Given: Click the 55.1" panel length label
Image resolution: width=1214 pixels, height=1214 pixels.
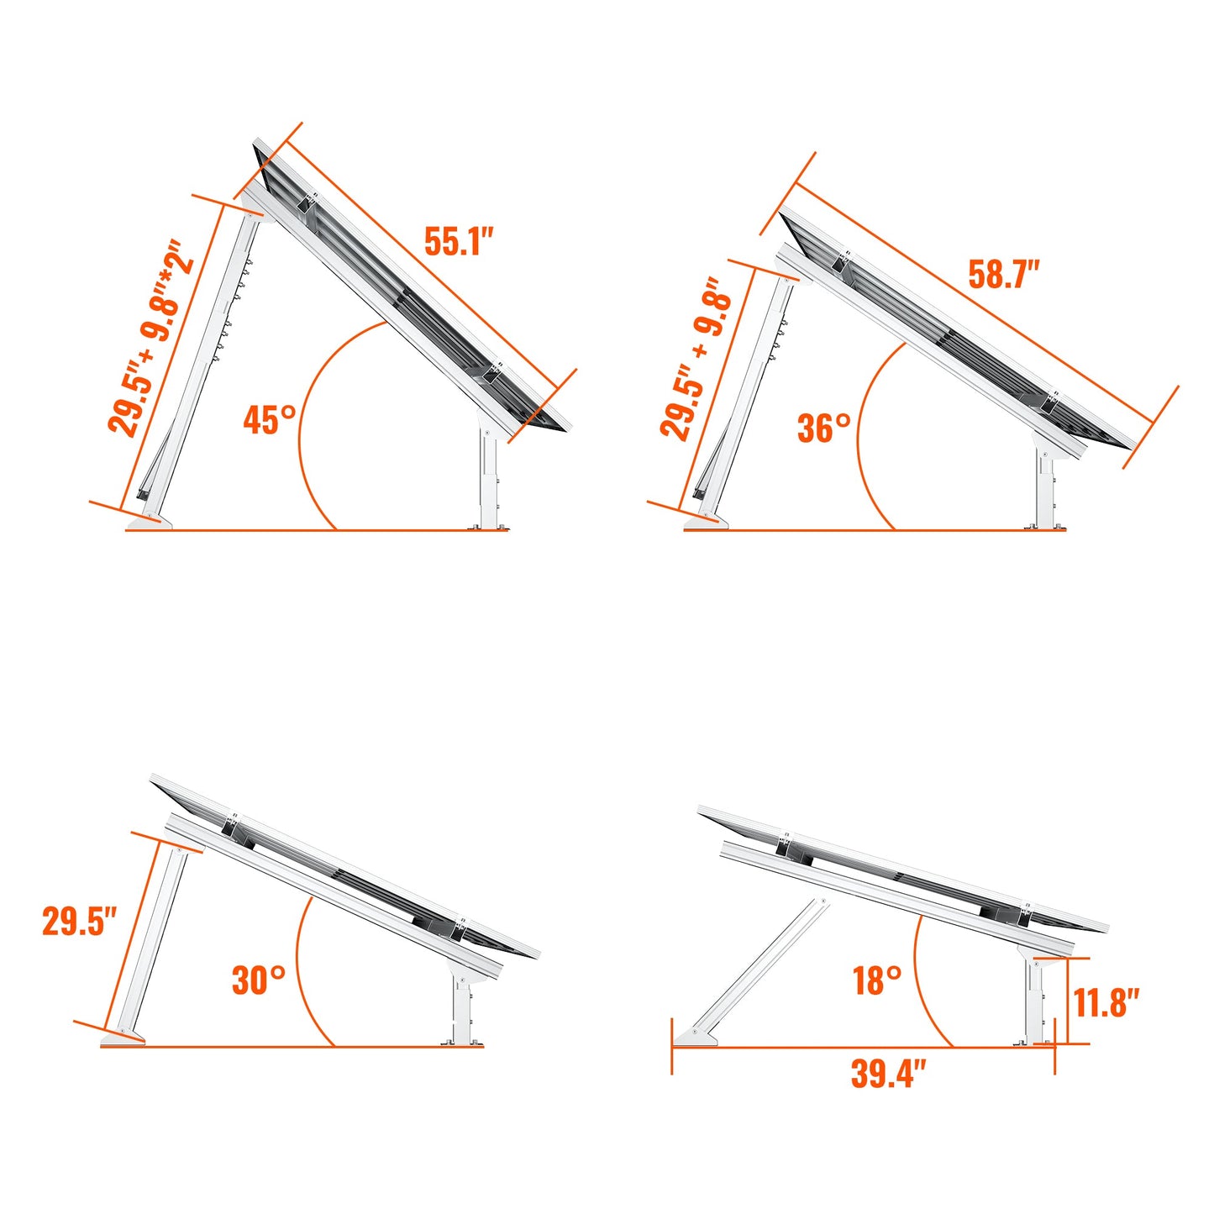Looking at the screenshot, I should click(x=457, y=241).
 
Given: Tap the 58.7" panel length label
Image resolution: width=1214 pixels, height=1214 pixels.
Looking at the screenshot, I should click(x=1003, y=275).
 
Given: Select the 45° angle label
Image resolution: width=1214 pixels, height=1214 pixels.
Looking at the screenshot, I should click(x=270, y=419).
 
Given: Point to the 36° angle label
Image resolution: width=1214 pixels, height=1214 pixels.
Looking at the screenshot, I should click(x=823, y=428).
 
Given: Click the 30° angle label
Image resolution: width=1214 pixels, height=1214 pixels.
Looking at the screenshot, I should click(x=258, y=980).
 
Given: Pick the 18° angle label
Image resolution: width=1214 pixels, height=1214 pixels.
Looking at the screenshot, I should click(x=877, y=980).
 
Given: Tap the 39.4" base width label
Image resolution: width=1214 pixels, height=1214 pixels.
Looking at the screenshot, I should click(x=888, y=1074).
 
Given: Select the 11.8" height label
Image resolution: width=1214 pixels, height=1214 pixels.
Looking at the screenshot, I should click(x=1106, y=1002).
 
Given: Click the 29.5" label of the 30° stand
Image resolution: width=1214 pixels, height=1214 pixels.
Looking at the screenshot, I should click(x=79, y=922).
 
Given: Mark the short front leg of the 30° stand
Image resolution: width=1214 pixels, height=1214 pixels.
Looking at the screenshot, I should click(x=461, y=1009).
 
